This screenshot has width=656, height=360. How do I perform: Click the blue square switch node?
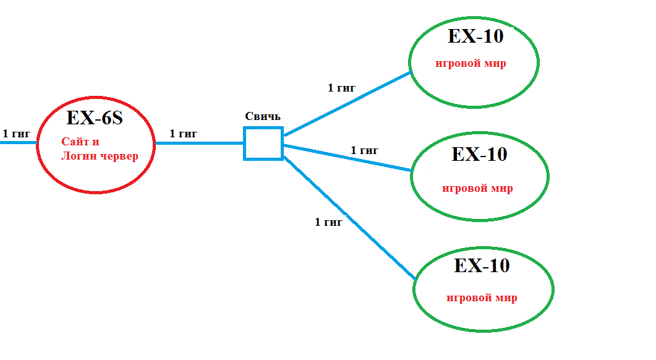coord(263,144)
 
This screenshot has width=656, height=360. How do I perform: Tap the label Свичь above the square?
coord(263,116)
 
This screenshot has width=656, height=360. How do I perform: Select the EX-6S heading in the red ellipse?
coord(95,118)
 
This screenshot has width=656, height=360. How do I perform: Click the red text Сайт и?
coord(80,142)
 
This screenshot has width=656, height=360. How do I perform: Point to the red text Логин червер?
coord(100,156)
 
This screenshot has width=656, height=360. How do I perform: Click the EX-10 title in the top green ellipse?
coord(475,36)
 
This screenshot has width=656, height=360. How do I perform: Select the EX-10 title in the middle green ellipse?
coord(479,153)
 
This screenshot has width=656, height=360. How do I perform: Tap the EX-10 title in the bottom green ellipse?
coord(482,265)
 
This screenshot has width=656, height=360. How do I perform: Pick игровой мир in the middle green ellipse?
coord(477,188)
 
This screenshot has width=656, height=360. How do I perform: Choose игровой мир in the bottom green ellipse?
coord(482,298)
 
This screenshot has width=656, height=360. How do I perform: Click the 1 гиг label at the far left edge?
coord(17,133)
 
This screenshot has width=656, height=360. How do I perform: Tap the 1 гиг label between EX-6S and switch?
coord(183,133)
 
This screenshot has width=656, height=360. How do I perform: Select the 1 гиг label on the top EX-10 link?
coord(341,88)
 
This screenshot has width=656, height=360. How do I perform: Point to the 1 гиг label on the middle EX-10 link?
coord(364,150)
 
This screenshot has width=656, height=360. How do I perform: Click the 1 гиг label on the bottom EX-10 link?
coord(328,222)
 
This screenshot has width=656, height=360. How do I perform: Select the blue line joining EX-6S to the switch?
coord(199,143)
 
